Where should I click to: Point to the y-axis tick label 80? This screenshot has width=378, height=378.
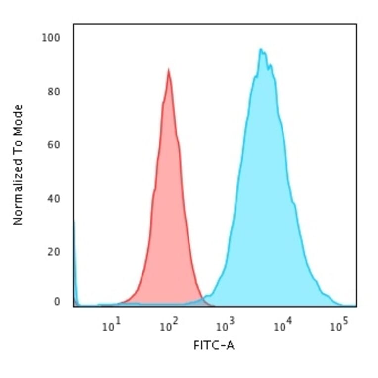(55, 92)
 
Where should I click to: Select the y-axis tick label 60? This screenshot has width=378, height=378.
(55, 145)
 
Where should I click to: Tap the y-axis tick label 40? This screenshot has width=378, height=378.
(55, 199)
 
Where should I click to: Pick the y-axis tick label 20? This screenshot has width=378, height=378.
(55, 252)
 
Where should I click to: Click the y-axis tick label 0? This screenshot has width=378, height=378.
(57, 302)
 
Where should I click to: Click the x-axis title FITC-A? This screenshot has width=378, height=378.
(214, 345)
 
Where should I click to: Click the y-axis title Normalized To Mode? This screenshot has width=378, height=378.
(18, 165)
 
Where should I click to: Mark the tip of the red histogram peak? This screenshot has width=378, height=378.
(169, 70)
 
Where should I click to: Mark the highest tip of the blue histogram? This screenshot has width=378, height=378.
(260, 49)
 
